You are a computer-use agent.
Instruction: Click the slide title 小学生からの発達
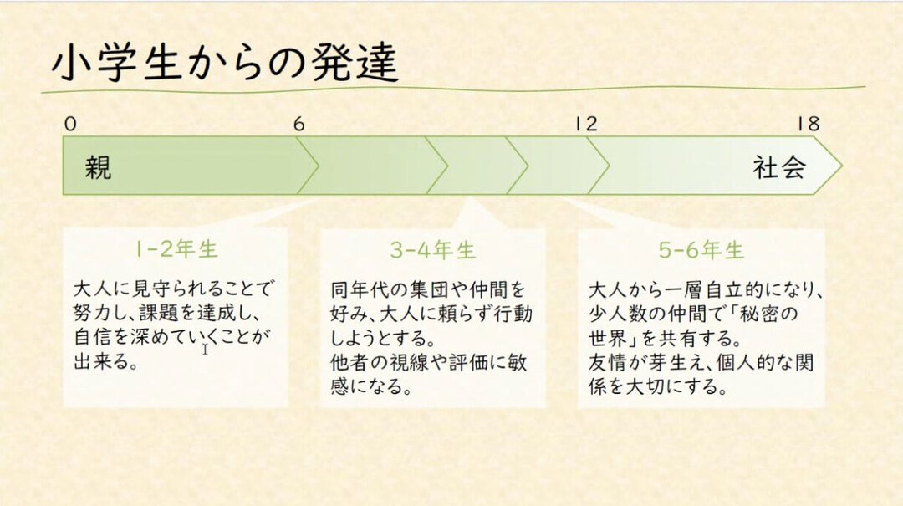tap(224, 63)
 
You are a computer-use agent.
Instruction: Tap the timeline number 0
tap(70, 125)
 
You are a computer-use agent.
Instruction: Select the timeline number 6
tap(298, 125)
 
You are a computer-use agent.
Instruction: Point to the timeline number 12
tap(586, 125)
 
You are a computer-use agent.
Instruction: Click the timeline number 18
tap(808, 125)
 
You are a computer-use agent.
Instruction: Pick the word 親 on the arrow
tap(98, 167)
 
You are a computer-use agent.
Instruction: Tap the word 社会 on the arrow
tap(778, 167)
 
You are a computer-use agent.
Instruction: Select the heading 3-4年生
tap(432, 250)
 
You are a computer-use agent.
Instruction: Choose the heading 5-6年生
tap(701, 250)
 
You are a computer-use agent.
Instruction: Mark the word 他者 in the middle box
tap(349, 365)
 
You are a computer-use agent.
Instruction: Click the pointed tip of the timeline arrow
tap(840, 166)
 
